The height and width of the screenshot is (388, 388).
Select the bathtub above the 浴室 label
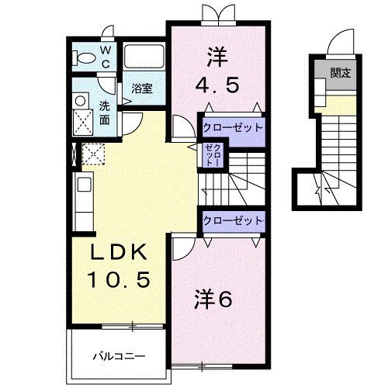(x=144, y=59)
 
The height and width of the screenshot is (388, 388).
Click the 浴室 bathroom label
(x=141, y=88)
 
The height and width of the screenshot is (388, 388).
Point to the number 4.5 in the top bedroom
(x=217, y=84)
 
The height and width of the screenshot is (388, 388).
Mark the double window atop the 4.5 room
(x=216, y=14)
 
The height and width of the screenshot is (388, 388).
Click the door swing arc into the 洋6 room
(x=182, y=248)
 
